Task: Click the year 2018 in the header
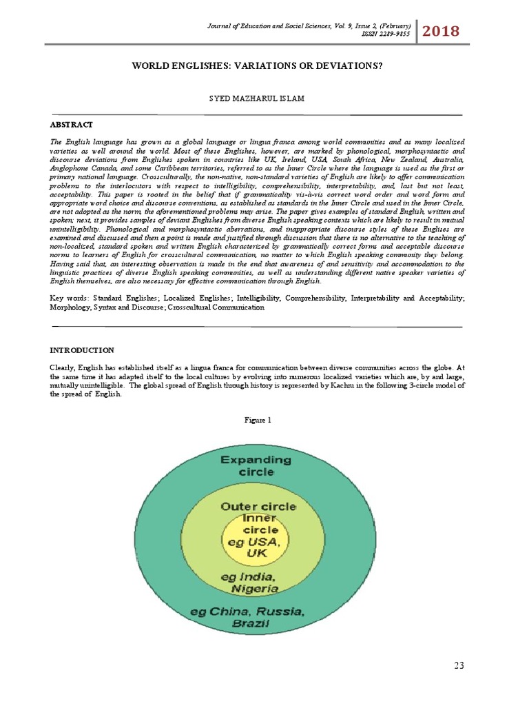(x=441, y=32)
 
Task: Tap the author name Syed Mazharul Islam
(x=256, y=99)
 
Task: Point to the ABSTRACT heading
(x=71, y=125)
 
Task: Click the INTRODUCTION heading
(x=82, y=351)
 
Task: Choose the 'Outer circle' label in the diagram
(x=258, y=505)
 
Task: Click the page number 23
(x=459, y=665)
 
